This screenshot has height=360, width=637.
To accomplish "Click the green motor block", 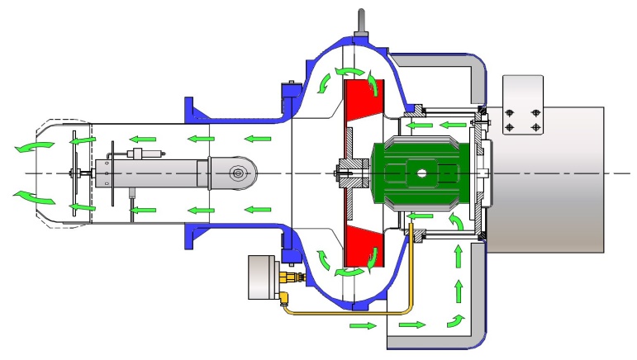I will tap(421, 174).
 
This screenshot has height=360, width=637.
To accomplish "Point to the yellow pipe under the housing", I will tap(355, 313).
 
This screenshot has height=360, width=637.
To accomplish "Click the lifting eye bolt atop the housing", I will tap(361, 21).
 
